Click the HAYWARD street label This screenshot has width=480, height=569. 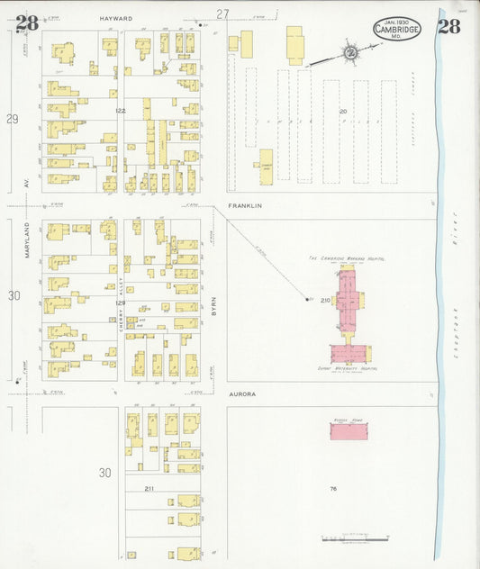coord(141,18)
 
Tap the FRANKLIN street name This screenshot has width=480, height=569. coord(244,206)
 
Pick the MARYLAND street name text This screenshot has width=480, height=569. coord(28,239)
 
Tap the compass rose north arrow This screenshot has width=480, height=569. coord(349,51)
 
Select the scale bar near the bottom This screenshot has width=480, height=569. coord(355,538)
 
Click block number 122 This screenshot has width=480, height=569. coord(121,111)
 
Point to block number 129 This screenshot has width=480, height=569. coord(121,303)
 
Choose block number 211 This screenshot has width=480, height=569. coord(149,488)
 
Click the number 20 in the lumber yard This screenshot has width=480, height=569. coord(342,111)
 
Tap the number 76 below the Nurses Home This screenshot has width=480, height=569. coord(332,489)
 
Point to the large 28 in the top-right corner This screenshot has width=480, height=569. coord(448,25)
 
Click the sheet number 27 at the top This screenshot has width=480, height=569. coord(222,13)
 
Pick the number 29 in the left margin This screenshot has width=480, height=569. coord(13,119)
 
